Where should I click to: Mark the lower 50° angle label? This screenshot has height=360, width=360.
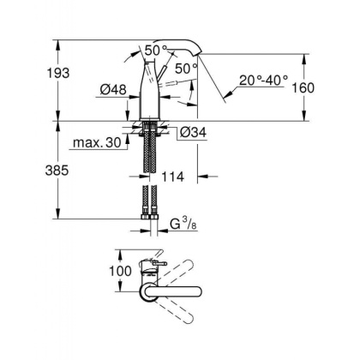tap(185, 66)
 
